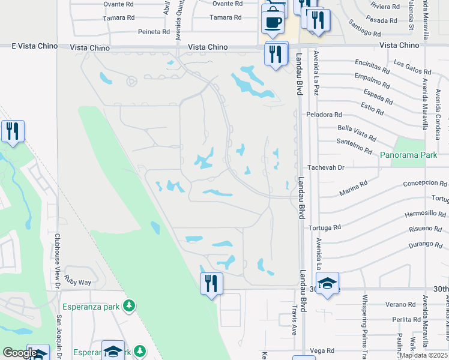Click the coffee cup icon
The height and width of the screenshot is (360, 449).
[273, 22]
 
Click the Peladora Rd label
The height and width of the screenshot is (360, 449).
[324, 114]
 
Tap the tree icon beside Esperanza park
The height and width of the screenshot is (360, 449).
[128, 306]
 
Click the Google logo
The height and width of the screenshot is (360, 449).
[20, 353]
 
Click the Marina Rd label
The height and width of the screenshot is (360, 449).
[353, 190]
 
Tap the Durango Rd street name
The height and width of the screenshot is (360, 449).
[426, 245]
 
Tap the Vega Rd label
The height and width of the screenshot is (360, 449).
[322, 350]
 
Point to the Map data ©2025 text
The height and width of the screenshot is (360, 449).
[424, 355]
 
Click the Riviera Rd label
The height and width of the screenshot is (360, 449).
[386, 7]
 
